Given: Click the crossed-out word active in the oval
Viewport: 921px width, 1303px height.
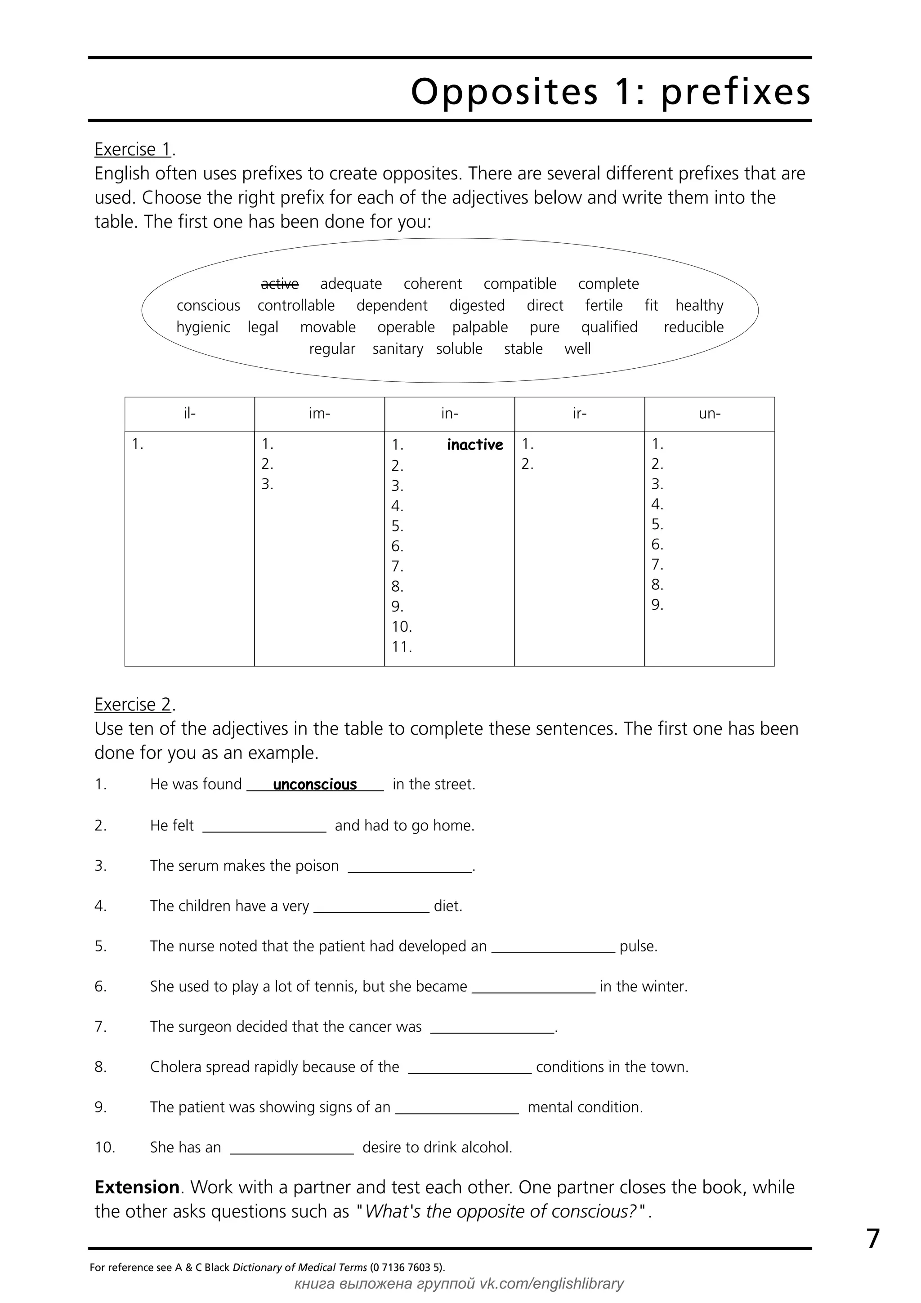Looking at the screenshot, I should (x=279, y=284).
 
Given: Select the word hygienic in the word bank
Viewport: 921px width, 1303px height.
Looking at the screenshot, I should (x=203, y=327).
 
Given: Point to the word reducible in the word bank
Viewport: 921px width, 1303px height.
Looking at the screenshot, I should (x=693, y=327).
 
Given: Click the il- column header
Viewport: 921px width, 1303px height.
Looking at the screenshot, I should (x=189, y=414).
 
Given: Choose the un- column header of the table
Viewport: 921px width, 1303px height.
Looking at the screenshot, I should (x=709, y=414).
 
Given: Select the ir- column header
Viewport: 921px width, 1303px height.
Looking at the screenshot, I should (x=579, y=414).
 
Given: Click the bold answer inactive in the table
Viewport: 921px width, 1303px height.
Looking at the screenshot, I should (x=474, y=445).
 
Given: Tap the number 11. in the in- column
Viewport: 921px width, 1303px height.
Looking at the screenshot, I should (x=402, y=647).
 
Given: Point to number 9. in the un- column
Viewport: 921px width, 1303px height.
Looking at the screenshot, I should (x=657, y=605).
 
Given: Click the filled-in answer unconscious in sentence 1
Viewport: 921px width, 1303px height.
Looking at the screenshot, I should (x=315, y=785).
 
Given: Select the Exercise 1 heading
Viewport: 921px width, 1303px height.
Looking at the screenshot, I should (x=133, y=149).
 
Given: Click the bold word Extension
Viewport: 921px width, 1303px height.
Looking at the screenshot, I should (x=137, y=1187).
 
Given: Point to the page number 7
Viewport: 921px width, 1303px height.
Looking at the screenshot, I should (x=873, y=1239).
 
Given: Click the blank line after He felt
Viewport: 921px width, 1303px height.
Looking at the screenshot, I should (x=264, y=827).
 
